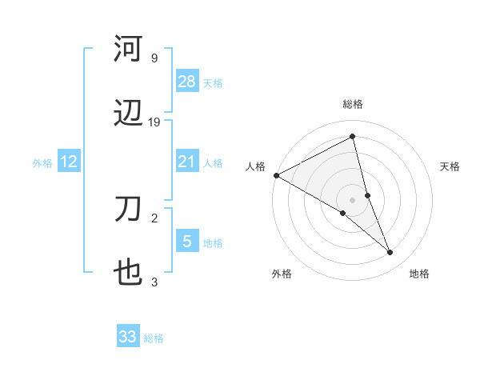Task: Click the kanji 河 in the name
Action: (129, 49)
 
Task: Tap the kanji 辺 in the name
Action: (129, 114)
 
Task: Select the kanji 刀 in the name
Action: (129, 210)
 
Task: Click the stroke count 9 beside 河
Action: (154, 58)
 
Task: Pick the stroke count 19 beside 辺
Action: (154, 122)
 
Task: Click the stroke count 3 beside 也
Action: (154, 282)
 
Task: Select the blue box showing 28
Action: (186, 82)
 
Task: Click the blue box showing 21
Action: (186, 162)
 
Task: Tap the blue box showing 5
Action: (186, 242)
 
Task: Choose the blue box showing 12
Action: (68, 162)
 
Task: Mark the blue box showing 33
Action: (128, 337)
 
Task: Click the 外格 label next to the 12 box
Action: (42, 163)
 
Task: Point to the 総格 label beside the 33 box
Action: (154, 338)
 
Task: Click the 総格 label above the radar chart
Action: (353, 104)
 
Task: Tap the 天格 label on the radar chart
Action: (450, 166)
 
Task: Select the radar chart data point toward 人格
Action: (276, 175)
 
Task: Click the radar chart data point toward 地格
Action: (390, 253)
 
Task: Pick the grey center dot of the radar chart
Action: (353, 199)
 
